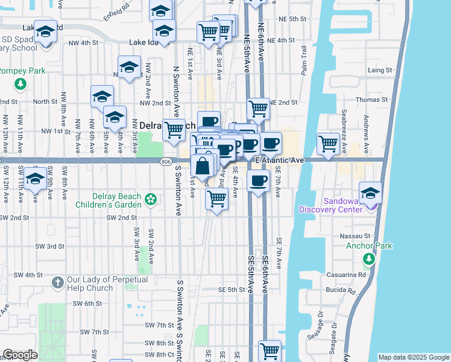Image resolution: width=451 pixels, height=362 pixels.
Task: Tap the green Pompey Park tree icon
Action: pyautogui.click(x=21, y=83)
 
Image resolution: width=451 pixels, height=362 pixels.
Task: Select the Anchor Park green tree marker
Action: pyautogui.click(x=368, y=259)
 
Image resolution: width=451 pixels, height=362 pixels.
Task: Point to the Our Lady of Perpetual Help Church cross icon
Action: pyautogui.click(x=57, y=282)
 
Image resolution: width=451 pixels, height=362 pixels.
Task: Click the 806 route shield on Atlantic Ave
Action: pyautogui.click(x=167, y=162)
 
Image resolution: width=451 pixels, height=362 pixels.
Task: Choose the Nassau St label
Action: pyautogui.click(x=357, y=236)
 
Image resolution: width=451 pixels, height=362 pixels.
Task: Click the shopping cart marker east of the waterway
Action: pyautogui.click(x=327, y=144)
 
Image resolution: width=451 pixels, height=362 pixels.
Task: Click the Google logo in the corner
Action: pyautogui.click(x=20, y=355)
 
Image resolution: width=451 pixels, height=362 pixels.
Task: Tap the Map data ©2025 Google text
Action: pyautogui.click(x=414, y=357)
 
